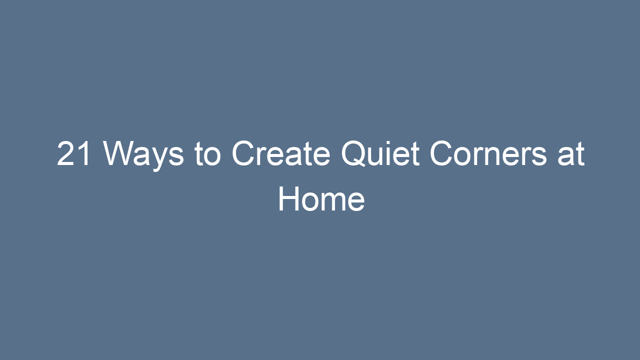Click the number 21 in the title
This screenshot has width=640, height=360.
pyautogui.click(x=73, y=154)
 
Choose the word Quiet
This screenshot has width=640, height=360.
pyautogui.click(x=380, y=154)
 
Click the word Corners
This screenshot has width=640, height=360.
pyautogui.click(x=488, y=154)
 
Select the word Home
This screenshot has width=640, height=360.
pyautogui.click(x=321, y=199)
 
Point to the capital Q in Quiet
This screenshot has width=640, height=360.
pyautogui.click(x=354, y=154)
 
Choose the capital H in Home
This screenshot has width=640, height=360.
pyautogui.click(x=289, y=199)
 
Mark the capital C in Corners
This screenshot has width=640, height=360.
pyautogui.click(x=443, y=154)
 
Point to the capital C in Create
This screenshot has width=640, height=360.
pyautogui.click(x=244, y=154)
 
